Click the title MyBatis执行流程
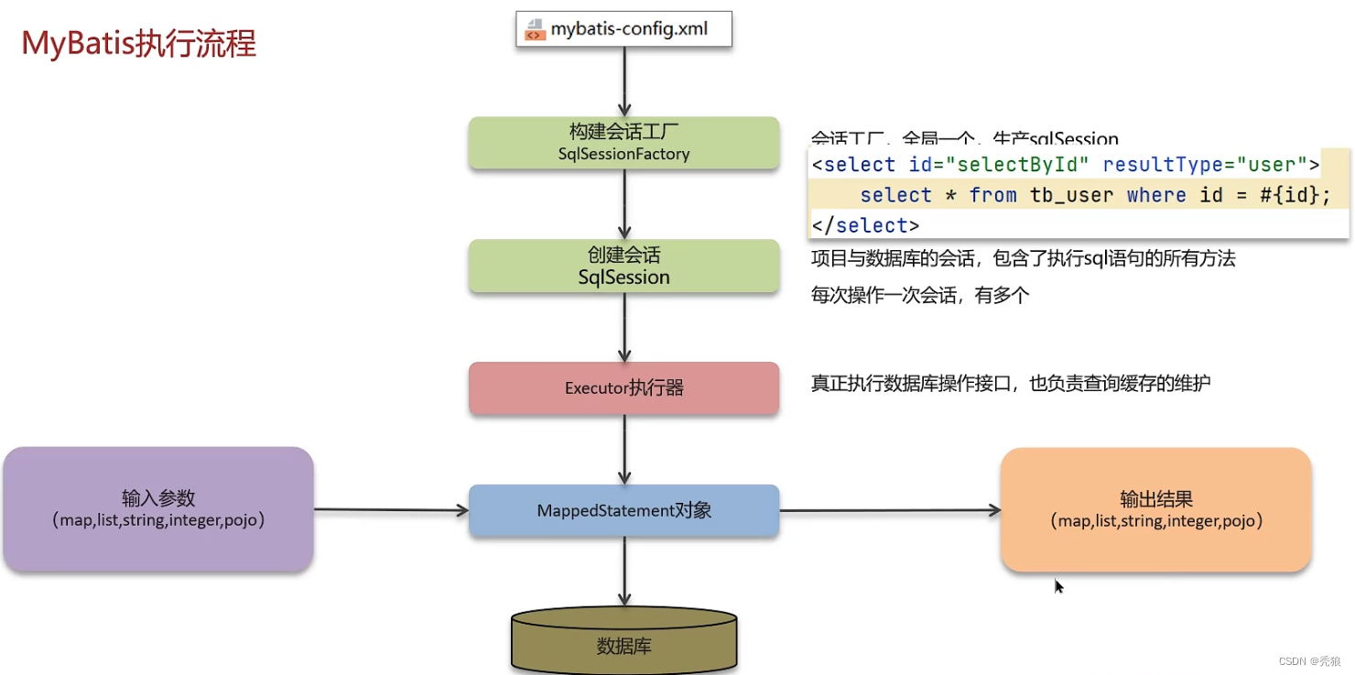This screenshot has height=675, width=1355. click(x=139, y=43)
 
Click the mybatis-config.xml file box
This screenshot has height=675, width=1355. click(x=624, y=29)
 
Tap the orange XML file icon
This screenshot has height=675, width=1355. click(x=534, y=30)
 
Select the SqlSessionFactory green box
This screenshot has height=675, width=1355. click(x=623, y=142)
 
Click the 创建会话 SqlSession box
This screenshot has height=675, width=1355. click(x=623, y=266)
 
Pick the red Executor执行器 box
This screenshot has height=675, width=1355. click(x=623, y=387)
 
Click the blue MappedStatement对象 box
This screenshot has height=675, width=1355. click(x=623, y=510)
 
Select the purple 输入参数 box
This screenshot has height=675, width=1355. click(x=158, y=509)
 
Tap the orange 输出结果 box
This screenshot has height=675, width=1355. click(x=1155, y=510)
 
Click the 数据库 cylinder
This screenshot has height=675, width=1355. click(x=623, y=640)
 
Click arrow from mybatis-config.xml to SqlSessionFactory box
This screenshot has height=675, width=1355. click(x=624, y=82)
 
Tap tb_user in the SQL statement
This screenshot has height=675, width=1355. click(x=1072, y=195)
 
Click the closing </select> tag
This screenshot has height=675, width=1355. click(x=865, y=225)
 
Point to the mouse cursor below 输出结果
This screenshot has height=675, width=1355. click(x=1059, y=586)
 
